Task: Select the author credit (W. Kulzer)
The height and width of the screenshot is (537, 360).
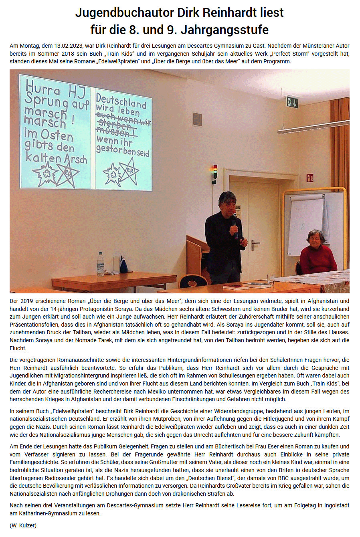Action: tap(23, 525)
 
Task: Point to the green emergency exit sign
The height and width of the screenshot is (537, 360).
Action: tap(292, 102)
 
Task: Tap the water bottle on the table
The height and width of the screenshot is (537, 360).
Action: tap(100, 264)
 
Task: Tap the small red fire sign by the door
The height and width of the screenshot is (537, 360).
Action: tap(310, 178)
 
